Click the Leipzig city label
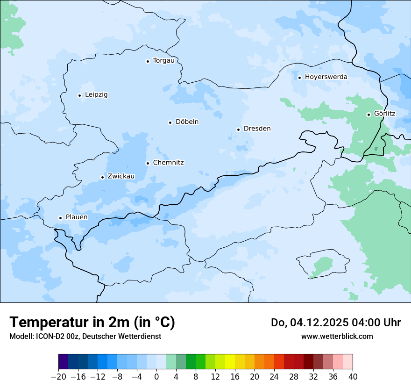pyautogui.click(x=96, y=95)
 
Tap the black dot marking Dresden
pyautogui.click(x=238, y=129)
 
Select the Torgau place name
pyautogui.click(x=163, y=61)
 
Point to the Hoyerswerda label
pyautogui.click(x=326, y=77)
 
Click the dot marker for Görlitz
pyautogui.click(x=368, y=115)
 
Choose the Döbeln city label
pyautogui.click(x=187, y=122)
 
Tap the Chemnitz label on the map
pyautogui.click(x=168, y=163)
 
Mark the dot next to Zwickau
pyautogui.click(x=102, y=177)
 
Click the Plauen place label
pyautogui.click(x=77, y=217)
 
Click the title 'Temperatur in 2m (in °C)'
pyautogui.click(x=92, y=323)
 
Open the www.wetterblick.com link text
pyautogui.click(x=337, y=336)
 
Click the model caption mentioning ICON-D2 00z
pyautogui.click(x=85, y=336)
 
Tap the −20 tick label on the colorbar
pyautogui.click(x=58, y=377)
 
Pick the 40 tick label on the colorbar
pyautogui.click(x=353, y=377)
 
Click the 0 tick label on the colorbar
pyautogui.click(x=156, y=377)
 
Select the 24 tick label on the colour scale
pyautogui.click(x=274, y=377)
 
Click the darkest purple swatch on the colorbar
pyautogui.click(x=63, y=362)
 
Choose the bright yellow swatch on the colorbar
pyautogui.click(x=230, y=362)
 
